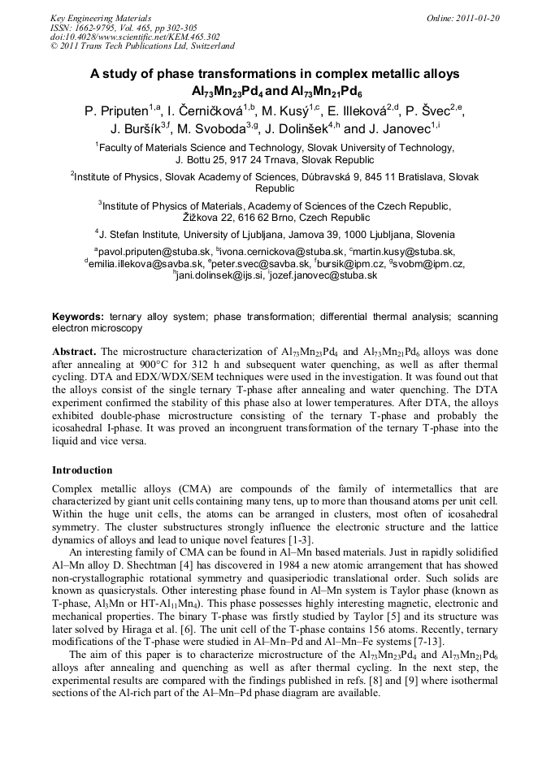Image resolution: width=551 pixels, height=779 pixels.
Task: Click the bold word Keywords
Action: click(77, 317)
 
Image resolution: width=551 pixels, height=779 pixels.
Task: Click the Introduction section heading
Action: click(82, 470)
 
